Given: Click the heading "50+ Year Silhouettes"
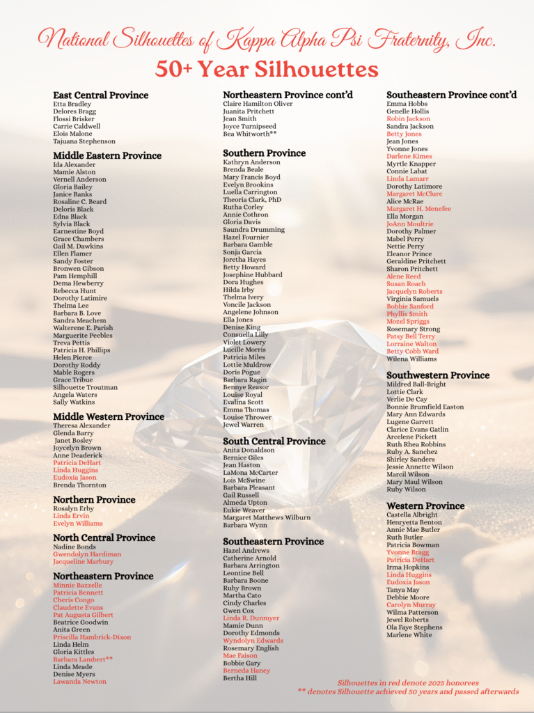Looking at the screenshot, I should (267, 70).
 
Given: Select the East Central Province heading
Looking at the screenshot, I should (100, 95).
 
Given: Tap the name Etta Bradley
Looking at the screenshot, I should (72, 104).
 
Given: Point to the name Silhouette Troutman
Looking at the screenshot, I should (85, 387).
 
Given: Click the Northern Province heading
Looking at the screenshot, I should (94, 499).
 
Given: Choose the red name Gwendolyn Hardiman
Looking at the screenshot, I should (87, 554).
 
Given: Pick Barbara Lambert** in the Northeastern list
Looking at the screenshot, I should (83, 659).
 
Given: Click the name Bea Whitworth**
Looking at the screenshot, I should (250, 134).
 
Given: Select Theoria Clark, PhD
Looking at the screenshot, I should (252, 200).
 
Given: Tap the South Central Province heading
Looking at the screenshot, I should (274, 441).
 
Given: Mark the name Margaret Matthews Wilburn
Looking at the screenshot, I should (267, 517).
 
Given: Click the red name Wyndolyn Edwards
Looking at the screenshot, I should (253, 641).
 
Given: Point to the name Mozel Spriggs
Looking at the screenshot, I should (407, 322).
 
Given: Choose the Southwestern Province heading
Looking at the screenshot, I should (438, 375).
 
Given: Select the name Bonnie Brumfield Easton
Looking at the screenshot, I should (425, 407).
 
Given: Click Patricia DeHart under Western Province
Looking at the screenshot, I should (410, 560).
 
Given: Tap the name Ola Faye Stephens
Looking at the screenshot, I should (414, 627).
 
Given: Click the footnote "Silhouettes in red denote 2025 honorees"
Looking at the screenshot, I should (408, 683).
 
